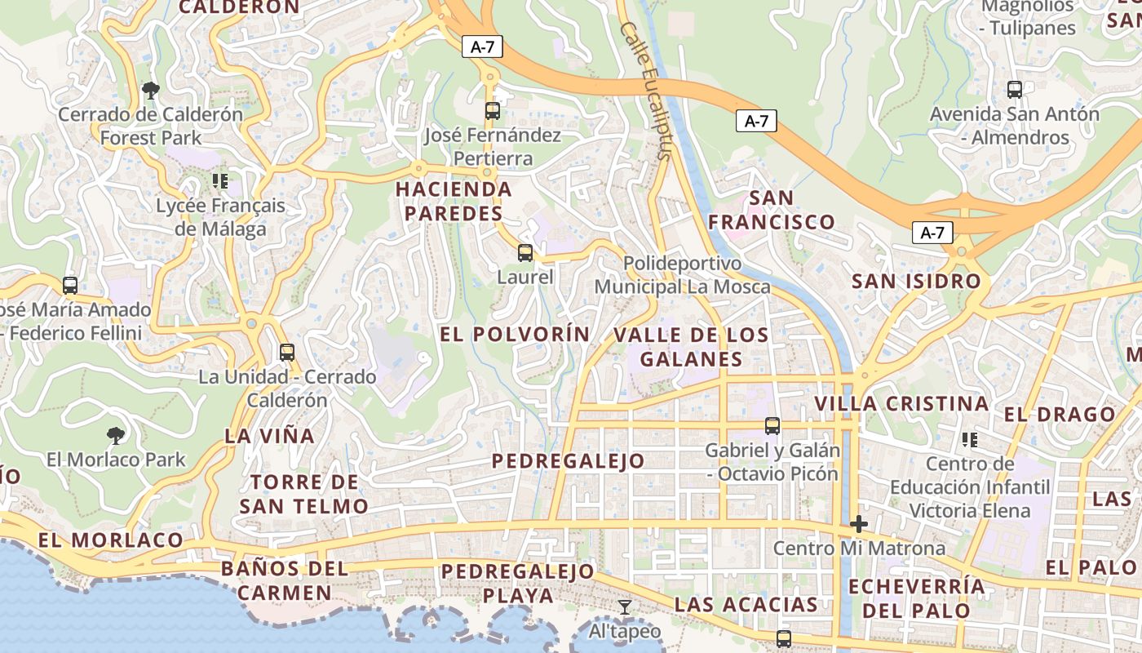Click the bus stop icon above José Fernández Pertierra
(492, 111)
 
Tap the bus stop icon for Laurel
(525, 253)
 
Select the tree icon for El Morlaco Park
(116, 435)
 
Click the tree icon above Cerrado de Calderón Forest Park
(150, 90)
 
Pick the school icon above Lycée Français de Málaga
(219, 180)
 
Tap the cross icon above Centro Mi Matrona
(858, 524)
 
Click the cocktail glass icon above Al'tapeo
(625, 606)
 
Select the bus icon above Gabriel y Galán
(772, 426)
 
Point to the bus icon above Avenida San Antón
(1015, 90)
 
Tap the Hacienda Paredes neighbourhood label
(454, 202)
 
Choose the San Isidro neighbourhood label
(916, 282)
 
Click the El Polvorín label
(515, 334)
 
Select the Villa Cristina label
(901, 403)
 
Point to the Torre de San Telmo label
(304, 494)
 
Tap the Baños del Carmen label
(285, 580)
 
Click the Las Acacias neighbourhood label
(746, 605)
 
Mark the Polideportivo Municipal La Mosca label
(682, 275)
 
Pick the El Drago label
(1059, 415)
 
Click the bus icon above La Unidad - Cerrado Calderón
(286, 353)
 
